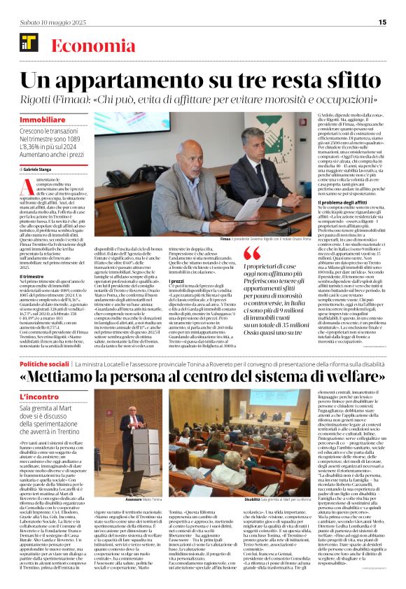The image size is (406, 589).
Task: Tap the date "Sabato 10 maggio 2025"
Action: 48,22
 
